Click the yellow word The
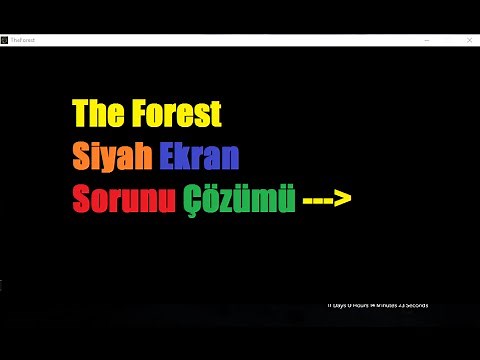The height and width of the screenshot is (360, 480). [x=98, y=115]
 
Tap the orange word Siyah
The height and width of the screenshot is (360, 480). [x=112, y=158]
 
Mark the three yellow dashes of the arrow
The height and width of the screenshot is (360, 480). [x=318, y=201]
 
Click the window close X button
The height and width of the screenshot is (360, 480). [x=469, y=40]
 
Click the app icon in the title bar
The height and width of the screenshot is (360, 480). [x=5, y=40]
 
